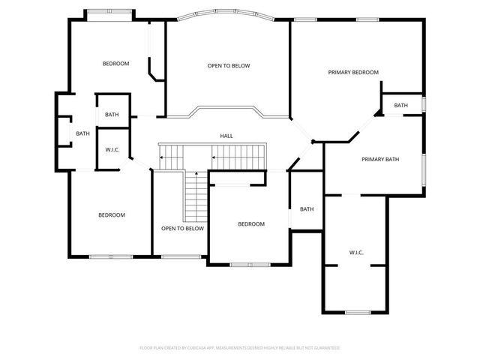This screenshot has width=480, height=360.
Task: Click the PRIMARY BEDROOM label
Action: [x=352, y=72]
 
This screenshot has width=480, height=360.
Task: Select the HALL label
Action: [x=226, y=136]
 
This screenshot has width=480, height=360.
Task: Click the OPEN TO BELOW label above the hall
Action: [x=229, y=66]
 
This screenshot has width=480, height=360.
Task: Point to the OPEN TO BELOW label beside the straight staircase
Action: [x=182, y=228]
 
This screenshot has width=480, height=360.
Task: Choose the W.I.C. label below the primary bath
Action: [x=355, y=253]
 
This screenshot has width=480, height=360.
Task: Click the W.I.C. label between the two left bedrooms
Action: [x=112, y=149]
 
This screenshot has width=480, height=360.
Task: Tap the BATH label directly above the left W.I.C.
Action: [x=112, y=115]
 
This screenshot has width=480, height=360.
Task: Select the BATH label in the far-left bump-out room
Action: [x=82, y=133]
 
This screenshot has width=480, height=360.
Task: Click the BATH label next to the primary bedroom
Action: [x=401, y=105]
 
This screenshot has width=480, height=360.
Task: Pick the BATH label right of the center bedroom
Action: [x=307, y=209]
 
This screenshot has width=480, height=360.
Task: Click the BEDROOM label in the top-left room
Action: [x=115, y=64]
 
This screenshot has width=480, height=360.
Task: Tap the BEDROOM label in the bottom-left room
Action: [x=112, y=215]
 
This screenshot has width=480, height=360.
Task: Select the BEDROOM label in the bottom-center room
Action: [x=251, y=223]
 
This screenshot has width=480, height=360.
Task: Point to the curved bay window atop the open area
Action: [x=228, y=13]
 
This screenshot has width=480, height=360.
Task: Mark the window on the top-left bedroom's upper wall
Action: [x=109, y=10]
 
